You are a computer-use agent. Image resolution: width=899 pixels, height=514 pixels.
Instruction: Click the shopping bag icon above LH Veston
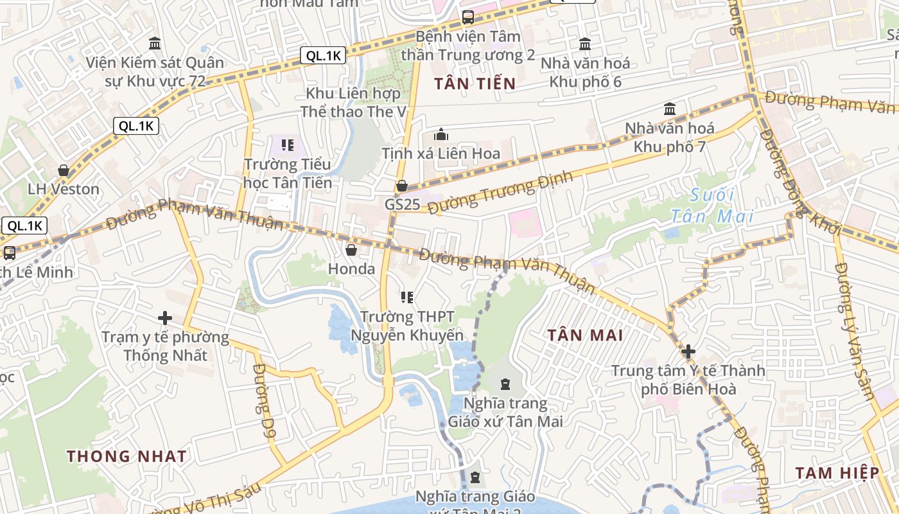pyautogui.click(x=64, y=170)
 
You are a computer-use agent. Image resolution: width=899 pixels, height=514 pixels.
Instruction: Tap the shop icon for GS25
pyautogui.click(x=402, y=186)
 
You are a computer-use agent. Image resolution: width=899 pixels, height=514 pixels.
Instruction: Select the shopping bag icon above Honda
pyautogui.click(x=351, y=249)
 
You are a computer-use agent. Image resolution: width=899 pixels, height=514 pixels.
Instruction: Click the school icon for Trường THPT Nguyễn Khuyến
pyautogui.click(x=406, y=297)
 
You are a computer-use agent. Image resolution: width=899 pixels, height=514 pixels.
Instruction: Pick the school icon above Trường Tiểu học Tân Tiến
pyautogui.click(x=288, y=145)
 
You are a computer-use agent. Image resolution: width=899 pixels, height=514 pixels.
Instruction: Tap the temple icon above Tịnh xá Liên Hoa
pyautogui.click(x=441, y=134)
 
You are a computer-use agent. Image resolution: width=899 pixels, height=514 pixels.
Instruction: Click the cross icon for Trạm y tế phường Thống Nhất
pyautogui.click(x=165, y=317)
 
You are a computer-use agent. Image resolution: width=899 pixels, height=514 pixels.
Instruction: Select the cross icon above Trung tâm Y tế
pyautogui.click(x=688, y=351)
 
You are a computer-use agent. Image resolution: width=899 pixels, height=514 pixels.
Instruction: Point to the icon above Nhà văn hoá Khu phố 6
pyautogui.click(x=585, y=44)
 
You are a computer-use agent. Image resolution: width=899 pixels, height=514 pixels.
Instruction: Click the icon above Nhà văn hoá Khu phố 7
pyautogui.click(x=670, y=109)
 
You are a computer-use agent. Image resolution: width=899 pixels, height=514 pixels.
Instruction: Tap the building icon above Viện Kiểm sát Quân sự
pyautogui.click(x=155, y=44)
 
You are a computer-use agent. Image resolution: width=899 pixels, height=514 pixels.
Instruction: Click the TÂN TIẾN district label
pyautogui.click(x=475, y=84)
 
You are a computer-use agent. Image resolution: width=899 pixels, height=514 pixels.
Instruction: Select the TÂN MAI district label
pyautogui.click(x=585, y=335)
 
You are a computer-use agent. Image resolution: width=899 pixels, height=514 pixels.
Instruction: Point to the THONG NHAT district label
pyautogui.click(x=127, y=456)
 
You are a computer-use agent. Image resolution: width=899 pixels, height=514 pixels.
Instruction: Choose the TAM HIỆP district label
pyautogui.click(x=837, y=473)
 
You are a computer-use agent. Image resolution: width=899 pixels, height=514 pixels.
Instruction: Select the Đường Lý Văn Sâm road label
pyautogui.click(x=854, y=331)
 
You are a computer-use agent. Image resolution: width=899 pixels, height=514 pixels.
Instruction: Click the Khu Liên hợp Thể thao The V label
pyautogui.click(x=354, y=102)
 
